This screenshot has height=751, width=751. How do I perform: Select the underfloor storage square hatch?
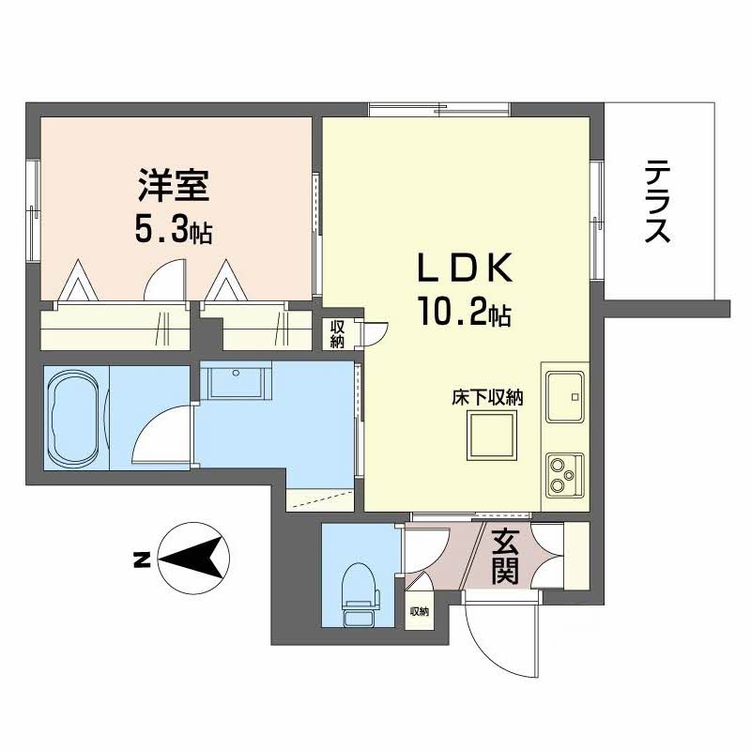coord(492,436)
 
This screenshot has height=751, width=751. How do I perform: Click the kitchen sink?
coord(564,397)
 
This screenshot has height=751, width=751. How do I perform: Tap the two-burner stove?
coord(564,474)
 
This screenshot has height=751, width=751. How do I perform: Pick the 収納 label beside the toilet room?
coord(418,612)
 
